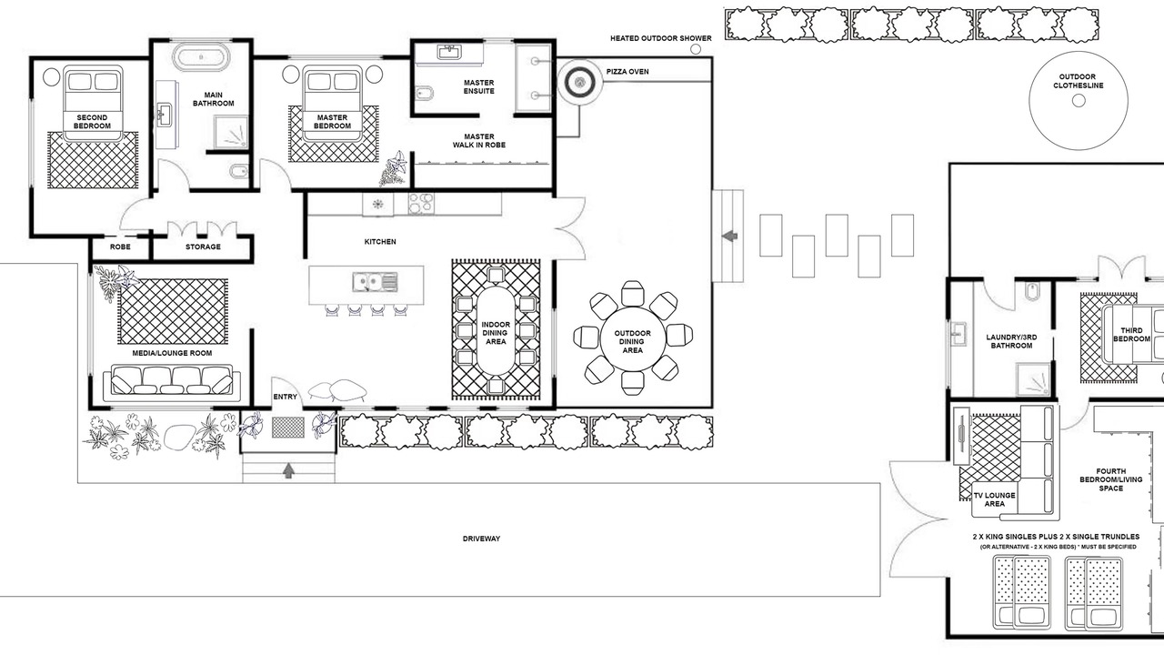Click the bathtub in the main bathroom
(201, 57)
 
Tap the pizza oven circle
(580, 82)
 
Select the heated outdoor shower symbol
(696, 49)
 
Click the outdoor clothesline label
(1079, 81)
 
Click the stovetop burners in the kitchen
(421, 204)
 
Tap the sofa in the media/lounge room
(172, 383)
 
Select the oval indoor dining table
(496, 331)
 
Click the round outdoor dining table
(632, 339)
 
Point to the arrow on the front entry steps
(289, 470)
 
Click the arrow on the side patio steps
(729, 236)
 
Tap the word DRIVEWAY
(481, 539)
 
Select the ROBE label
(120, 247)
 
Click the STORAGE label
(203, 247)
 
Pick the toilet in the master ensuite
(425, 93)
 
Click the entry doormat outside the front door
(288, 428)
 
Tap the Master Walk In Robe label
(478, 141)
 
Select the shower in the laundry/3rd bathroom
(1033, 379)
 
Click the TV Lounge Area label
(995, 499)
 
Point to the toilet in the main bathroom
(238, 171)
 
